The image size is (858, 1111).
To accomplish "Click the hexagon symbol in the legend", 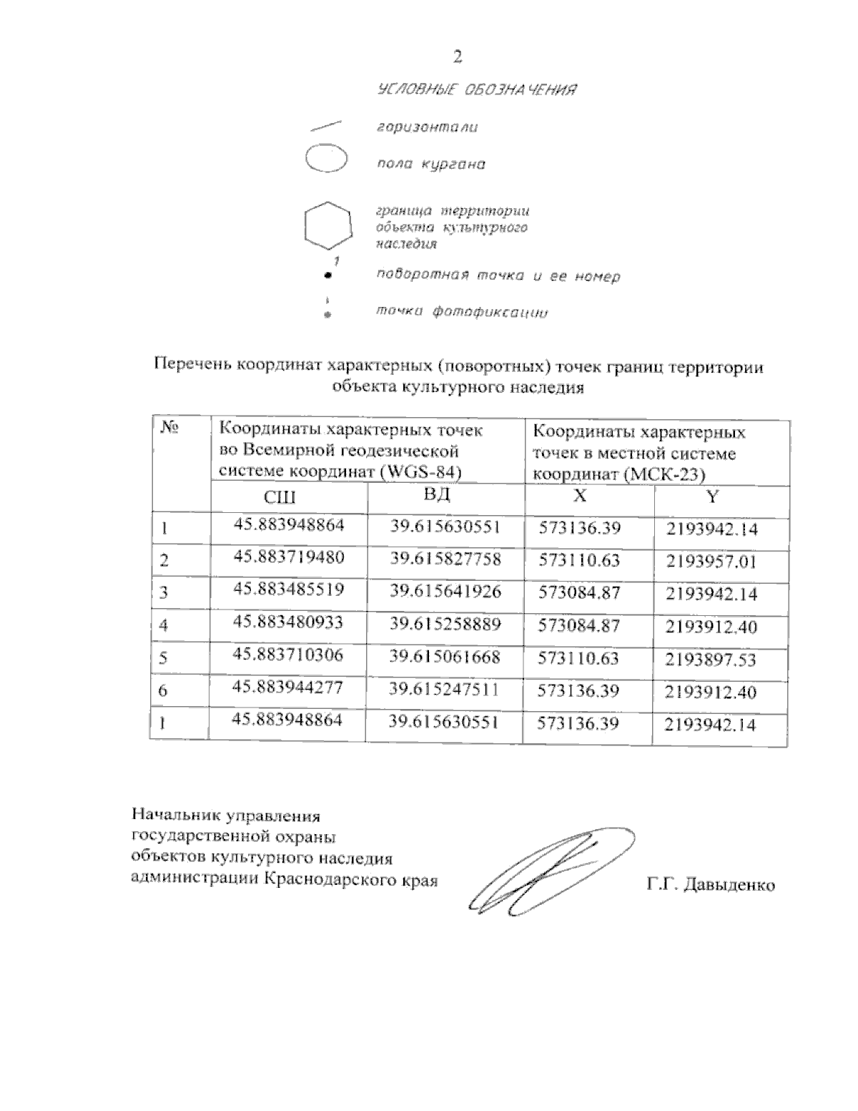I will pyautogui.click(x=327, y=225).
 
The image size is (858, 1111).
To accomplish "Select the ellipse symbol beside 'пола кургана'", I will pyautogui.click(x=325, y=159).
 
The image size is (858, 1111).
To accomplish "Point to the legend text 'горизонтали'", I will pyautogui.click(x=427, y=127).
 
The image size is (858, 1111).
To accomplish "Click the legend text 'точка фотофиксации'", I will pyautogui.click(x=461, y=312).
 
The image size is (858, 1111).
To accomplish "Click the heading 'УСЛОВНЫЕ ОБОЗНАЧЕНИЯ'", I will pyautogui.click(x=476, y=90).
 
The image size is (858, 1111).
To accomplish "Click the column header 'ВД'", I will pyautogui.click(x=438, y=496).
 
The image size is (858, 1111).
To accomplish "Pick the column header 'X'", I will pyautogui.click(x=581, y=496).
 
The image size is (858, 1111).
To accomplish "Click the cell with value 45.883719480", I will pyautogui.click(x=289, y=557).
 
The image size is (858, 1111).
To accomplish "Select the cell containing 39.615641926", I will pyautogui.click(x=445, y=591).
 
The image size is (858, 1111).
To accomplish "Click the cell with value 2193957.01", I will pyautogui.click(x=711, y=562).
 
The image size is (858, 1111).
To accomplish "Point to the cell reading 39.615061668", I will pyautogui.click(x=444, y=656).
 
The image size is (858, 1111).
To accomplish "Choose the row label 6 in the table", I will pyautogui.click(x=163, y=690).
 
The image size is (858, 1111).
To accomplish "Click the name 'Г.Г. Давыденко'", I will pyautogui.click(x=710, y=885).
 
